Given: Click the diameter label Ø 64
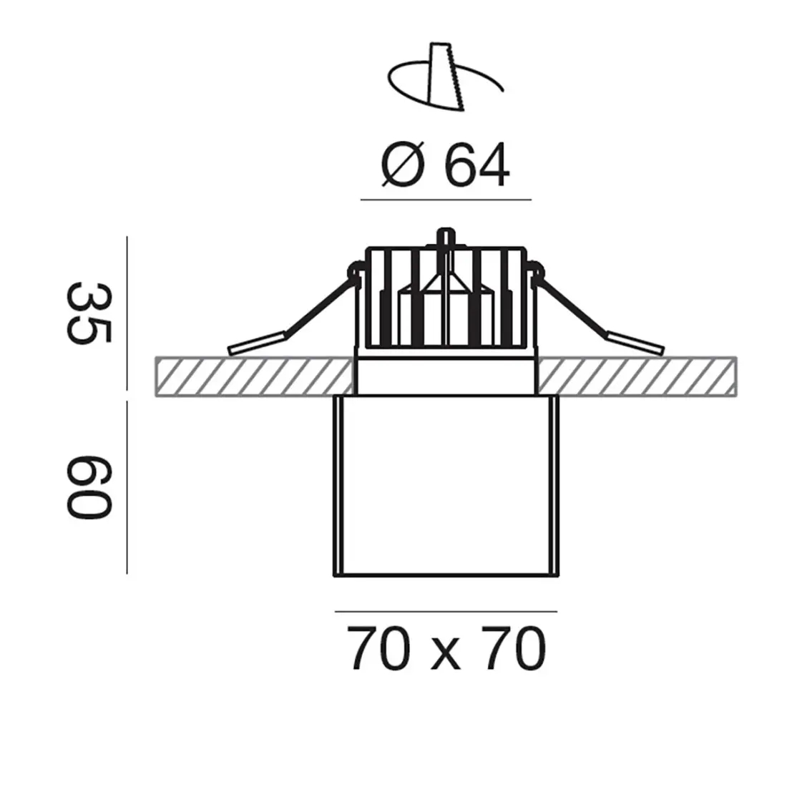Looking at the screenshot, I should click(x=445, y=167).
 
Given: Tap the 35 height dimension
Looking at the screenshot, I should click(x=89, y=313).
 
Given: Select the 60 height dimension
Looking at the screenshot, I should click(x=89, y=486).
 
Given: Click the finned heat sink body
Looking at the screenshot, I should click(x=445, y=300).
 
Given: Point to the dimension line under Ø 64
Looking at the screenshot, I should click(x=445, y=199).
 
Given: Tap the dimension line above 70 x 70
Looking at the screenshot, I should click(x=445, y=611).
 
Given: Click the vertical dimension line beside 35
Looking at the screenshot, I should click(x=127, y=313).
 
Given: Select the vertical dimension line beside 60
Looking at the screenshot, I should click(x=127, y=487).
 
